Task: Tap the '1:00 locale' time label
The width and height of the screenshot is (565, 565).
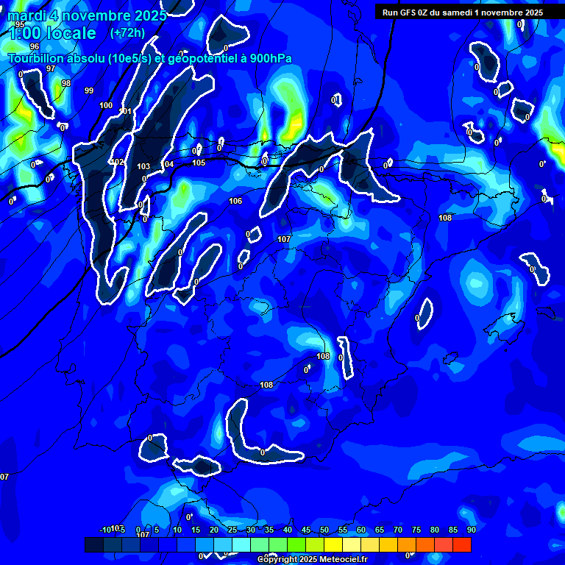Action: point(52,33)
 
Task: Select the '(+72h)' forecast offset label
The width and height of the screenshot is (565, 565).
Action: point(127,32)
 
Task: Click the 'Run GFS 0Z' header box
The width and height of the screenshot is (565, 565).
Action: point(463,12)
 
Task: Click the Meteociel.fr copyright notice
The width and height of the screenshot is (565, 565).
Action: point(312,559)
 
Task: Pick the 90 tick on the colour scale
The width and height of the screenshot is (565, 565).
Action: point(471,530)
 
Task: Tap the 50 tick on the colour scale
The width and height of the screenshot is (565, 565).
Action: point(324,530)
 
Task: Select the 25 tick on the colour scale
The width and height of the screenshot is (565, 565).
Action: point(232,530)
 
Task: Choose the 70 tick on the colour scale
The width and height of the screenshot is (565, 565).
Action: point(398,530)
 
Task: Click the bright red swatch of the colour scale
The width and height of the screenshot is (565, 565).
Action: point(462,544)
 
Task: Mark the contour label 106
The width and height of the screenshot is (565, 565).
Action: point(235,201)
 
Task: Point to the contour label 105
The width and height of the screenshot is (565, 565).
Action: point(199,163)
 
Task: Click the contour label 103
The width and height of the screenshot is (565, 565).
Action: point(143,166)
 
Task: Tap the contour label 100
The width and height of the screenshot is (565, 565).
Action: point(106,105)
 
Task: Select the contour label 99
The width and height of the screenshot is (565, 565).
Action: point(89,90)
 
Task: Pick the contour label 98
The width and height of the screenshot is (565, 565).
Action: point(66,83)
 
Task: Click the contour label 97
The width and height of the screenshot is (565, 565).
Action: point(51,68)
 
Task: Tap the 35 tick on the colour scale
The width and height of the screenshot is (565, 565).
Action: point(269,530)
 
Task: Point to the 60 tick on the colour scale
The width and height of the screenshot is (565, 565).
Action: point(361,530)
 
